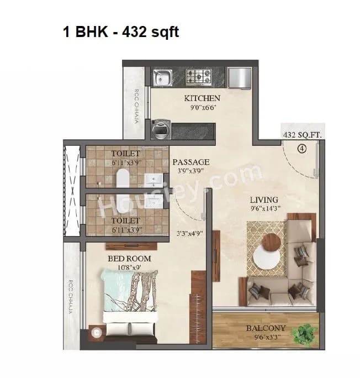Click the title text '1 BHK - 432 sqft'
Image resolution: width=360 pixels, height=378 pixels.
coord(120,32)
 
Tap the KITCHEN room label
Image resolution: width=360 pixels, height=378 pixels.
coord(202,98)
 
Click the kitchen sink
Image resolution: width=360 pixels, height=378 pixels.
coord(162,76)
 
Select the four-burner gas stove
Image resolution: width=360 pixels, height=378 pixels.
coord(197,76)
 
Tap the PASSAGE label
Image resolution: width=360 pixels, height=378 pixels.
coord(191,162)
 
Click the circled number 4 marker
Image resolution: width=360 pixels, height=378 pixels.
coord(301,148)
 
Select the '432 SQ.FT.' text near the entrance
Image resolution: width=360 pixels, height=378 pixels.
coord(302,135)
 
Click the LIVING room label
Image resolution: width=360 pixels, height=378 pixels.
coord(263,200)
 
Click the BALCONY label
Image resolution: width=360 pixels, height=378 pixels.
coord(266,328)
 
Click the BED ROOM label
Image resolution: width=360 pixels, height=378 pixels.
coord(129,259)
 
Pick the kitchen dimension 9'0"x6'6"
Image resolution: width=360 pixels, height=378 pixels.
coord(202,108)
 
